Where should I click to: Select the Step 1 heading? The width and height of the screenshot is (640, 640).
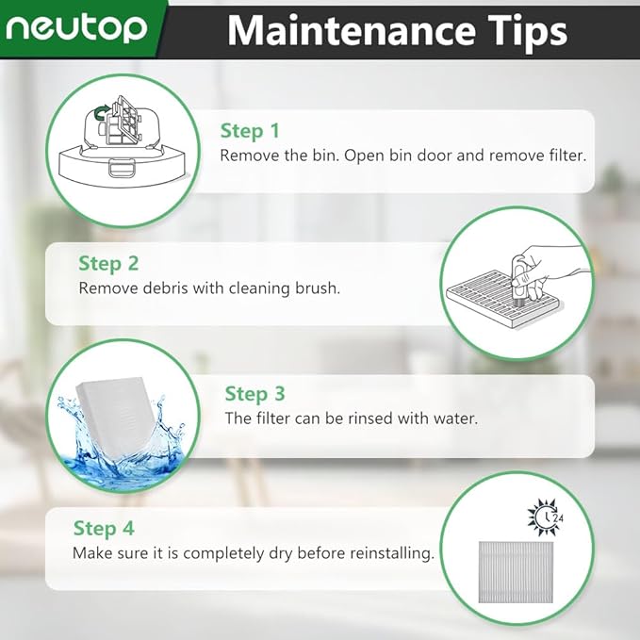click(250, 131)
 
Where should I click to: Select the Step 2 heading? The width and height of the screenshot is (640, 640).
click(108, 263)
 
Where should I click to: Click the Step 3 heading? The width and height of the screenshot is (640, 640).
click(254, 393)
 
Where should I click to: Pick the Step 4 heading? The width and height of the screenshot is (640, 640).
click(104, 528)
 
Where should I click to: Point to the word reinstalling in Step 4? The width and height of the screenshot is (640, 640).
click(388, 553)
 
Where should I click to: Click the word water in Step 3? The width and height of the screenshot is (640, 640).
click(455, 418)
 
